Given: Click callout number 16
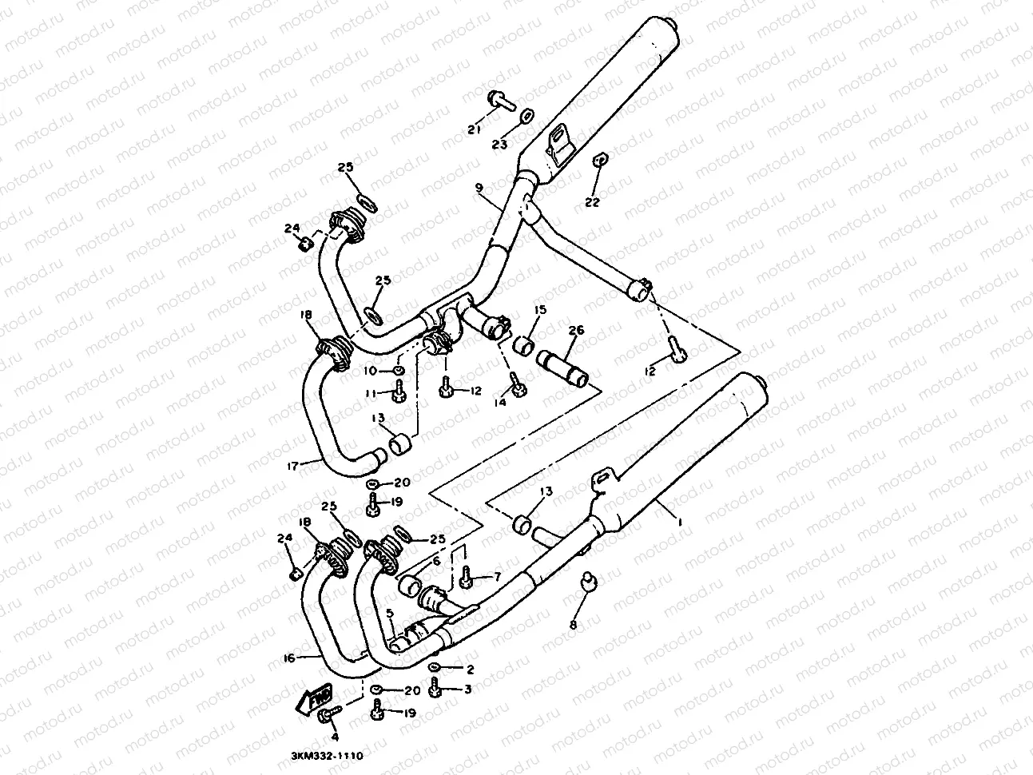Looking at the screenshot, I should click(x=290, y=657).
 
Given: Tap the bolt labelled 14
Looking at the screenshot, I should click(x=516, y=386).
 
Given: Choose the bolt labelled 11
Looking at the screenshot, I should click(x=399, y=391).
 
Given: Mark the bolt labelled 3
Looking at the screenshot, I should click(x=435, y=686).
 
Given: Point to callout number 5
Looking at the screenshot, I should click(x=391, y=614).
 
